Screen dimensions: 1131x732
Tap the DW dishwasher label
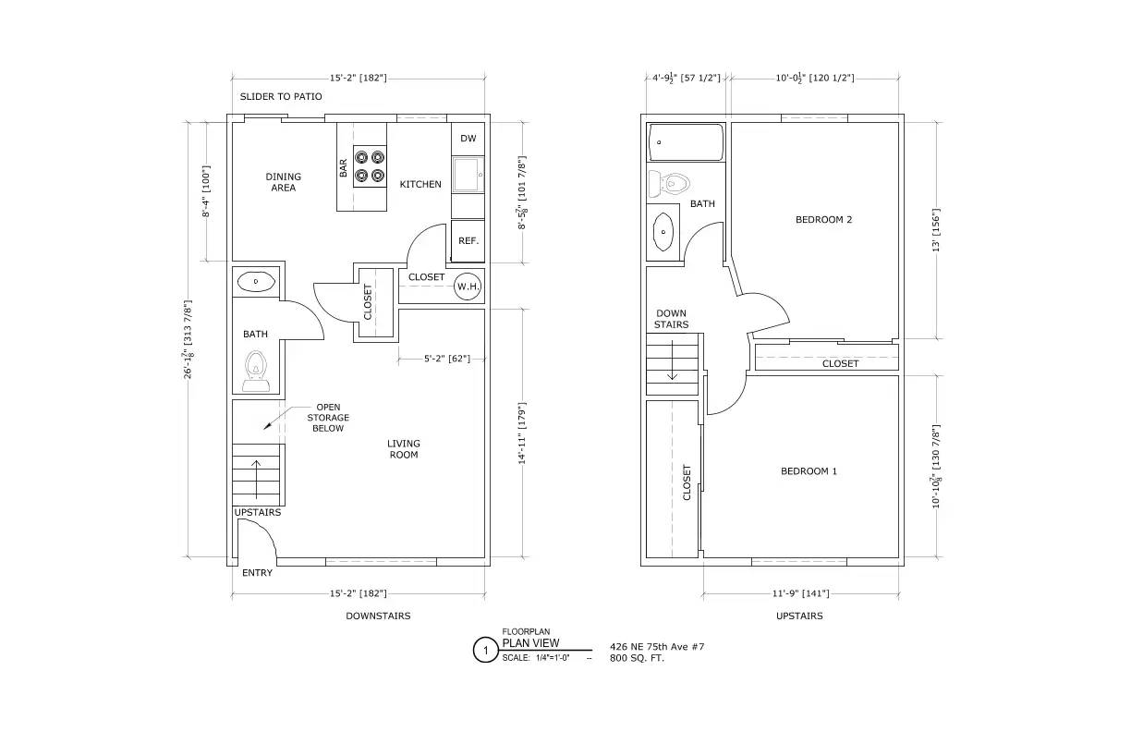click(x=468, y=139)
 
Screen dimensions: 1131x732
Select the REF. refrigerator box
click(x=468, y=241)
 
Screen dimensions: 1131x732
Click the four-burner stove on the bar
click(x=371, y=166)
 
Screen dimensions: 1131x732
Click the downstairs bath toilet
click(x=256, y=372)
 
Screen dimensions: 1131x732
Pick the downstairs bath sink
click(x=256, y=281)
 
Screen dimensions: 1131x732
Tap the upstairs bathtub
click(x=686, y=142)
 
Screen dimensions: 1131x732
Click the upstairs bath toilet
click(x=669, y=184)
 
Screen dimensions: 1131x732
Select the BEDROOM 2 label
click(x=823, y=220)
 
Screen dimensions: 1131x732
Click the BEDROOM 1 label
click(x=809, y=471)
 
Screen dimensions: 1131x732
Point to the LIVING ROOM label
click(x=404, y=449)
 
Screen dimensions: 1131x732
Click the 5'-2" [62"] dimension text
click(x=447, y=359)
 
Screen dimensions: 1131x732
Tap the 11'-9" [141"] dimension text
click(x=801, y=593)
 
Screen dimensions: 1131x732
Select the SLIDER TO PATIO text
click(x=281, y=96)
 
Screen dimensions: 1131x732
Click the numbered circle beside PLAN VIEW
click(x=486, y=651)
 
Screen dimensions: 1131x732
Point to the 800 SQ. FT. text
click(x=638, y=658)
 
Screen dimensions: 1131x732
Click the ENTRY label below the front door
click(x=257, y=573)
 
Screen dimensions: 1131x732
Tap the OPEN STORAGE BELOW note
click(x=328, y=418)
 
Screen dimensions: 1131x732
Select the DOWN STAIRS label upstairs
click(x=671, y=319)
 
